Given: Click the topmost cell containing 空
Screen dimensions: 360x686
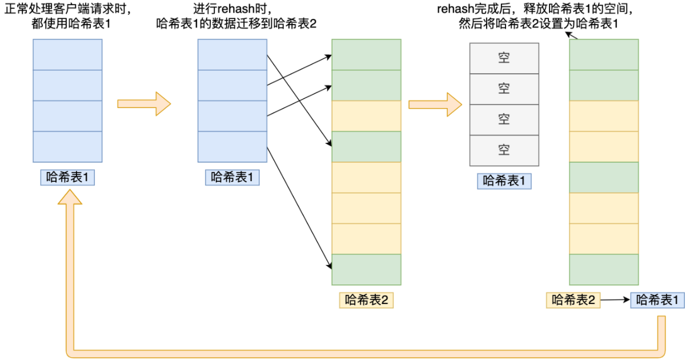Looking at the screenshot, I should (x=504, y=58).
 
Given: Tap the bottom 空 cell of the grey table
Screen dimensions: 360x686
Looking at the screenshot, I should (x=504, y=150).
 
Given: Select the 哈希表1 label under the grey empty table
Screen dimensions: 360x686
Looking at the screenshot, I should (x=504, y=181).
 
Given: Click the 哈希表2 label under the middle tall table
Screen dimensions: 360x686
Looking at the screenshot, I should (x=366, y=300).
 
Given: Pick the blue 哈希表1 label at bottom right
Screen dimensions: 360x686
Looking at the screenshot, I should (x=657, y=300).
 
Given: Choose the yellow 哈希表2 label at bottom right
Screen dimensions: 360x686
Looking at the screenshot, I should (x=573, y=300).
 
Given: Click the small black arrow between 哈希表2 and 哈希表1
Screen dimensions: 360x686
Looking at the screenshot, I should (x=615, y=300).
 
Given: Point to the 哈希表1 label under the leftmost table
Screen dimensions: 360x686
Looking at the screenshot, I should (x=67, y=178).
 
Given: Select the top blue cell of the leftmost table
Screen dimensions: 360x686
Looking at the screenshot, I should (x=67, y=54).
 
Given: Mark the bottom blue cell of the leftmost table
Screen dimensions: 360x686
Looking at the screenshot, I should (x=67, y=147).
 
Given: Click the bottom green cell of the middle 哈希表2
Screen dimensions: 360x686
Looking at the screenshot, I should (x=366, y=269).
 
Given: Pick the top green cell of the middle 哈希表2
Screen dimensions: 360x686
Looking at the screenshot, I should (x=366, y=54).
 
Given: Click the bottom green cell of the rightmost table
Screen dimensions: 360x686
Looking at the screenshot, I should (x=604, y=269).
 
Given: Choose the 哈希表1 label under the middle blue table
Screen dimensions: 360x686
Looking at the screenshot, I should (x=232, y=178).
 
